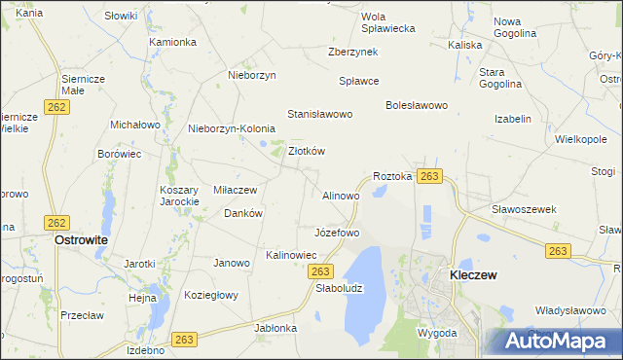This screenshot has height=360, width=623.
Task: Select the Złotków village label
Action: pyautogui.click(x=307, y=151)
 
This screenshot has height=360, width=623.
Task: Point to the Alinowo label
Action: pyautogui.click(x=341, y=196)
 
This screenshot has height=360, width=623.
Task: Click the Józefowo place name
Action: pyautogui.click(x=338, y=234)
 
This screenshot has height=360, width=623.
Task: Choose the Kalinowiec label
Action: pyautogui.click(x=292, y=255)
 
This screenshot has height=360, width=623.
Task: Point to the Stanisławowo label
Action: pyautogui.click(x=319, y=115)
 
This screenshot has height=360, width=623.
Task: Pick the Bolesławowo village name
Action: pyautogui.click(x=416, y=104)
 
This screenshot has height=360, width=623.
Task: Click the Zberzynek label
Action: pyautogui.click(x=352, y=52)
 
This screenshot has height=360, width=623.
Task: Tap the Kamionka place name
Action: pyautogui.click(x=173, y=42)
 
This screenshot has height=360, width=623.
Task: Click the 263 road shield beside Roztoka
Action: pyautogui.click(x=430, y=176)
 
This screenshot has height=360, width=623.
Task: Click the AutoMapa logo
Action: pyautogui.click(x=555, y=342)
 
